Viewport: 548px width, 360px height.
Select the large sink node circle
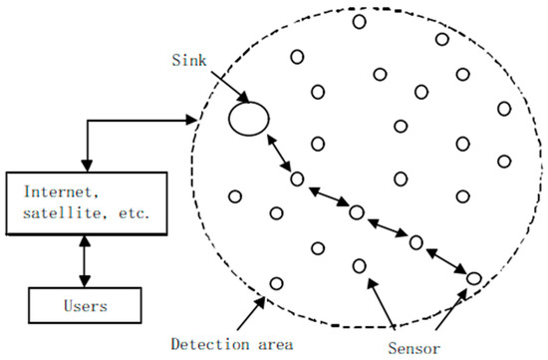(x=248, y=119)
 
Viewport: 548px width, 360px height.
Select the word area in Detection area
(x=272, y=344)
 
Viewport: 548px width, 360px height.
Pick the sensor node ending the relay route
(x=474, y=277)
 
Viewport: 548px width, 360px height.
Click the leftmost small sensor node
(x=236, y=195)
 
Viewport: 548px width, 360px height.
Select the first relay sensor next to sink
(x=296, y=179)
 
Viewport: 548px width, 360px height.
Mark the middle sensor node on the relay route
(x=356, y=211)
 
